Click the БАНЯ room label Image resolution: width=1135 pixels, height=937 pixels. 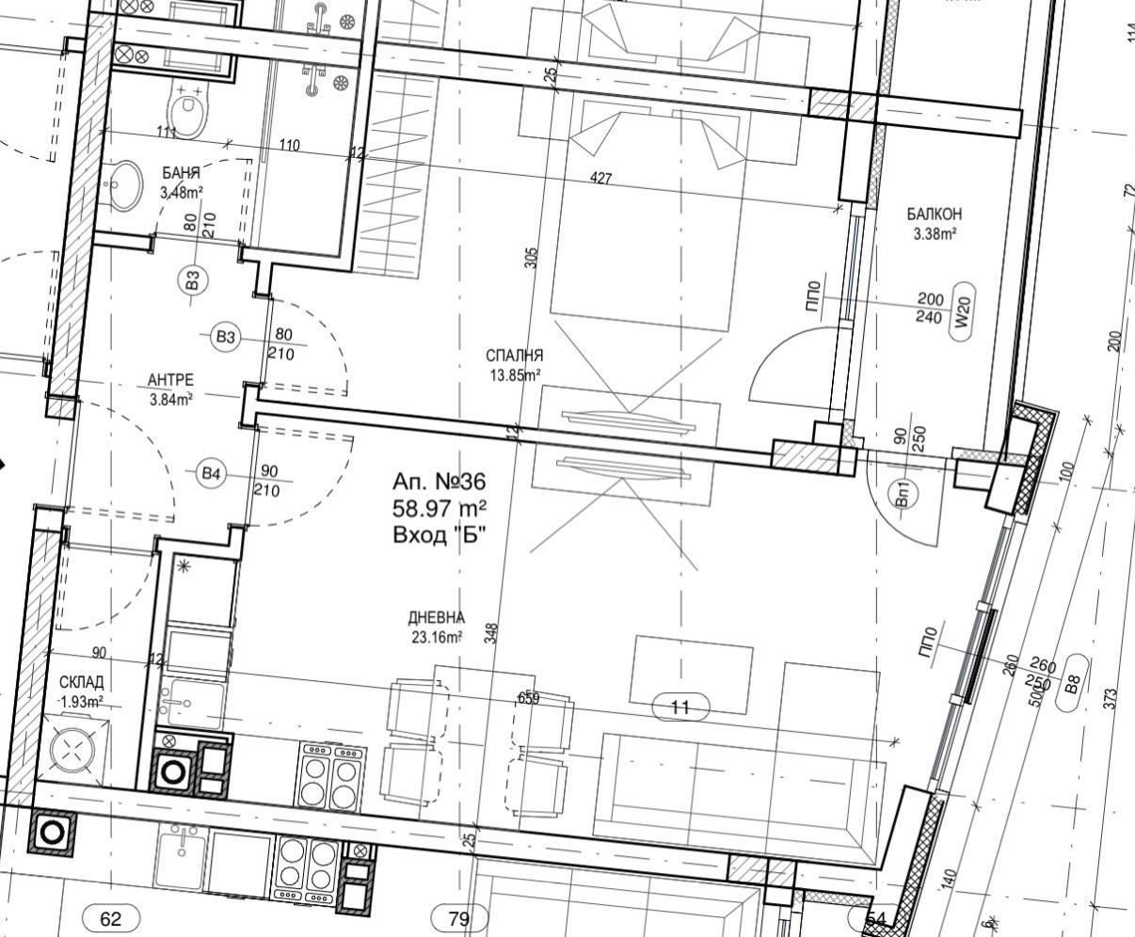[182, 173]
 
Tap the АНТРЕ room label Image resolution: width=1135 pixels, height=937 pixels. [170, 379]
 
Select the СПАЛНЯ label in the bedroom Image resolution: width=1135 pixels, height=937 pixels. [514, 356]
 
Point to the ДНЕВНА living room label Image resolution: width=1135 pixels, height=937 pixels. [437, 617]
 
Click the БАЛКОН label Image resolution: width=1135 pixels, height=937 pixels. [935, 214]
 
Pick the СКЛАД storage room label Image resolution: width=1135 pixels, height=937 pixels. [82, 682]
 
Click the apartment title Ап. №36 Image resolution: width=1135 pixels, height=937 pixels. [440, 482]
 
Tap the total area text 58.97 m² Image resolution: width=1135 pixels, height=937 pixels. [440, 509]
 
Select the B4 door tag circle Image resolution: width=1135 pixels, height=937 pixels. [211, 474]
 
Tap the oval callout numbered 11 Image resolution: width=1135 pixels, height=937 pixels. [680, 707]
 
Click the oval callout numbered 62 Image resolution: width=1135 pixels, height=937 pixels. [111, 919]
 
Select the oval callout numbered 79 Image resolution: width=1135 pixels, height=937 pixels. [459, 919]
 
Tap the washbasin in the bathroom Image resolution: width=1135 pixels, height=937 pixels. [123, 184]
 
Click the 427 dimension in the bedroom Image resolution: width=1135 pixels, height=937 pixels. [600, 178]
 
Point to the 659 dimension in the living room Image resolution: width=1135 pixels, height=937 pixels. [528, 698]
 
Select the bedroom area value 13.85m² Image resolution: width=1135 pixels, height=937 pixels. [515, 375]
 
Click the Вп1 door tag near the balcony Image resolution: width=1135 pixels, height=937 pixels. [902, 495]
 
